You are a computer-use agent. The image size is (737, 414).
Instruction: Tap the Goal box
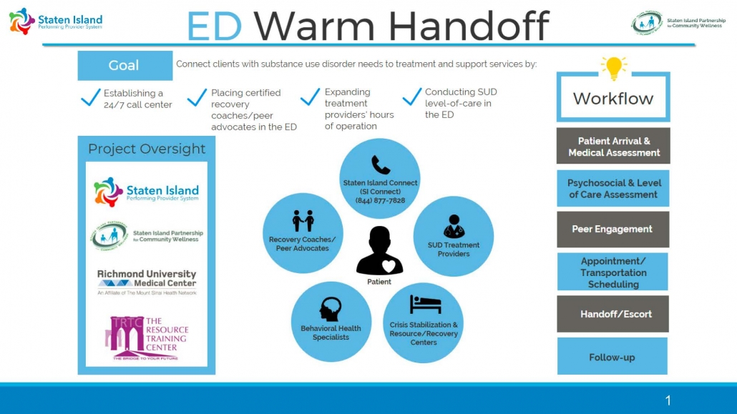(x=125, y=66)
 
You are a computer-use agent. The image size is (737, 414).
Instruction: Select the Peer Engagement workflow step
(x=612, y=230)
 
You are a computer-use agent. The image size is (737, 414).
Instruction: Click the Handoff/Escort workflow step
(x=612, y=314)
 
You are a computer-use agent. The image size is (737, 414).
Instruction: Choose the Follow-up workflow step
(x=612, y=357)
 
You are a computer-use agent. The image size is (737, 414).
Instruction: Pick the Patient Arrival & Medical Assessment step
(x=613, y=147)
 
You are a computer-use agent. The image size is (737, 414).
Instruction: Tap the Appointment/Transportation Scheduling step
(x=612, y=272)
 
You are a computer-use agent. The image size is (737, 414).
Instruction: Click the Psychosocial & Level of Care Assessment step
(x=612, y=188)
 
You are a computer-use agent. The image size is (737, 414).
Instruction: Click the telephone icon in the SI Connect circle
(x=381, y=165)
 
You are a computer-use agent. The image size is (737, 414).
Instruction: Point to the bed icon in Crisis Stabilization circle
(x=425, y=305)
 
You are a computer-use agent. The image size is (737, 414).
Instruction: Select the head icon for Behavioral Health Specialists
(x=330, y=309)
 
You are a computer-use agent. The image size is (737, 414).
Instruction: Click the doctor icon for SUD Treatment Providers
(x=454, y=227)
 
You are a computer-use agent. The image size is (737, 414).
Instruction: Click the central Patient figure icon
(x=379, y=251)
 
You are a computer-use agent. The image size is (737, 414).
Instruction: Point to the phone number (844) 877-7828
(x=380, y=200)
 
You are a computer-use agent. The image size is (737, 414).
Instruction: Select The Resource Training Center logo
(x=147, y=337)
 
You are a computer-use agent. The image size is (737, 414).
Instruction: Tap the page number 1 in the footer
(x=668, y=400)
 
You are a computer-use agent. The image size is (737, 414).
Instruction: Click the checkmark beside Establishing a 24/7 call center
(x=90, y=98)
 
